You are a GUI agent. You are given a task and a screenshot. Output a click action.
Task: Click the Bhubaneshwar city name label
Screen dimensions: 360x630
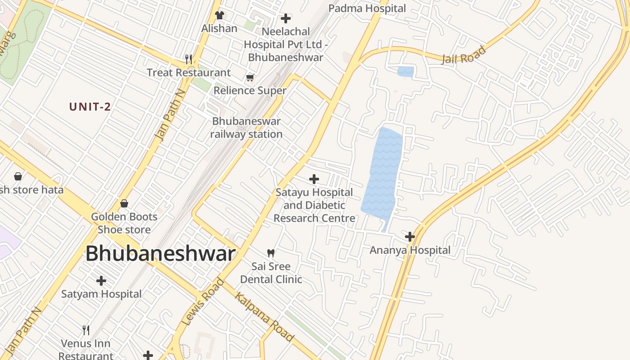click(x=160, y=254)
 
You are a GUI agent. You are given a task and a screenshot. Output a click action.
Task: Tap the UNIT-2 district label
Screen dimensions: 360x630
click(x=90, y=107)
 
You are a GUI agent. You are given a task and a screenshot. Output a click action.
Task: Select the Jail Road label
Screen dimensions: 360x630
click(x=464, y=55)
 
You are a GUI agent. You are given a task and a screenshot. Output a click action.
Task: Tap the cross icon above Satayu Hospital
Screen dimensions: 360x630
click(x=314, y=179)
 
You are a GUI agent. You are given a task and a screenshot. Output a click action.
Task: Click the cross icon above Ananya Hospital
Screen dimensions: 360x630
click(x=409, y=236)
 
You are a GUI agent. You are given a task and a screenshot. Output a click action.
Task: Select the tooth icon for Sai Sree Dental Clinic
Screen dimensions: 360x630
click(x=271, y=253)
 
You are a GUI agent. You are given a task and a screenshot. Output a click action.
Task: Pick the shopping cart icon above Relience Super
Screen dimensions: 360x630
click(x=250, y=77)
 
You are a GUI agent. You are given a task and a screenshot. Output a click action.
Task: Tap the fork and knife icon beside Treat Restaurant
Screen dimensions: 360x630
click(x=189, y=59)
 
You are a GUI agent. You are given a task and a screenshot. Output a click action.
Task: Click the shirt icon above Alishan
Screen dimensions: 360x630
click(x=219, y=15)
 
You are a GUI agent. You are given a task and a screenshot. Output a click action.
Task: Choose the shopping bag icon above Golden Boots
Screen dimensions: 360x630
click(x=124, y=203)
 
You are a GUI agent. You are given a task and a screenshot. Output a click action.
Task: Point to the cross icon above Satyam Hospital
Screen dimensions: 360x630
click(x=101, y=281)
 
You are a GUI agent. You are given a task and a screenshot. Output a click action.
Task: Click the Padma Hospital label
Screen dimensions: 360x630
click(x=367, y=8)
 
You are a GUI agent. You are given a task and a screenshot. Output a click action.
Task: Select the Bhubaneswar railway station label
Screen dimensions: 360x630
click(x=246, y=127)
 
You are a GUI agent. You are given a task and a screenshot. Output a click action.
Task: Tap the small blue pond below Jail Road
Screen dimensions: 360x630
click(x=405, y=72)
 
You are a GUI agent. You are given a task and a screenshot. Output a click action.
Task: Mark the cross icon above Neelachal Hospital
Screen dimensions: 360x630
click(x=285, y=18)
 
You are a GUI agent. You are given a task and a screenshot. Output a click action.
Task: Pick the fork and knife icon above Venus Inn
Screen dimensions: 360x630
click(x=86, y=330)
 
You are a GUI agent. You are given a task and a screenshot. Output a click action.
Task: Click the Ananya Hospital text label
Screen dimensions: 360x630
click(x=409, y=250)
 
